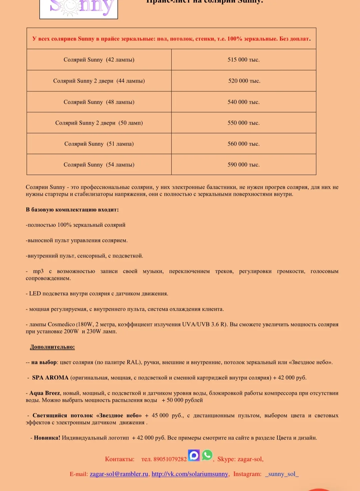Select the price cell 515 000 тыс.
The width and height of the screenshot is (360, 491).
pyautogui.click(x=243, y=60)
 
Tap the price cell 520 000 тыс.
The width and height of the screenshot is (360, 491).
pyautogui.click(x=244, y=81)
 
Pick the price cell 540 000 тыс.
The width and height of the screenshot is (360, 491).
pyautogui.click(x=243, y=102)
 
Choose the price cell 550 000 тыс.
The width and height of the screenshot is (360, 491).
pyautogui.click(x=243, y=123)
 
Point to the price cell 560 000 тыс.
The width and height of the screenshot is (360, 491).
pyautogui.click(x=243, y=144)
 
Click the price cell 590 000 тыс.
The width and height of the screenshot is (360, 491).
pyautogui.click(x=243, y=164)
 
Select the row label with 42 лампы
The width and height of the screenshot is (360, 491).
pyautogui.click(x=99, y=60)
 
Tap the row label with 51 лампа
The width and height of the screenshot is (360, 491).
pyautogui.click(x=99, y=144)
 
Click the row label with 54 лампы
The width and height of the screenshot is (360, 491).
pyautogui.click(x=99, y=164)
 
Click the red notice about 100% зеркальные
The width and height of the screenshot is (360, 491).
pyautogui.click(x=171, y=39)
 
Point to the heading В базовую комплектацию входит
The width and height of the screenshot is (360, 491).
pyautogui.click(x=72, y=210)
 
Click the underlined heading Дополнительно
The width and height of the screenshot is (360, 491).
pyautogui.click(x=52, y=347)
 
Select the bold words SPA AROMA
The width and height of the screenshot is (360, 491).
pyautogui.click(x=50, y=378)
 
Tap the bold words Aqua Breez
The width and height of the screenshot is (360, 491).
pyautogui.click(x=45, y=393)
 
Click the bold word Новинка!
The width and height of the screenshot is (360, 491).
pyautogui.click(x=47, y=438)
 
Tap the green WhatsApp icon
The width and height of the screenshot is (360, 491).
pyautogui.click(x=207, y=455)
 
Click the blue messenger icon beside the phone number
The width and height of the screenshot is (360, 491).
pyautogui.click(x=194, y=455)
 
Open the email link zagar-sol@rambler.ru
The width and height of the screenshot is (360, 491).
pyautogui.click(x=119, y=474)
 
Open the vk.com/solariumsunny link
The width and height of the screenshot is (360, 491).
pyautogui.click(x=190, y=474)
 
